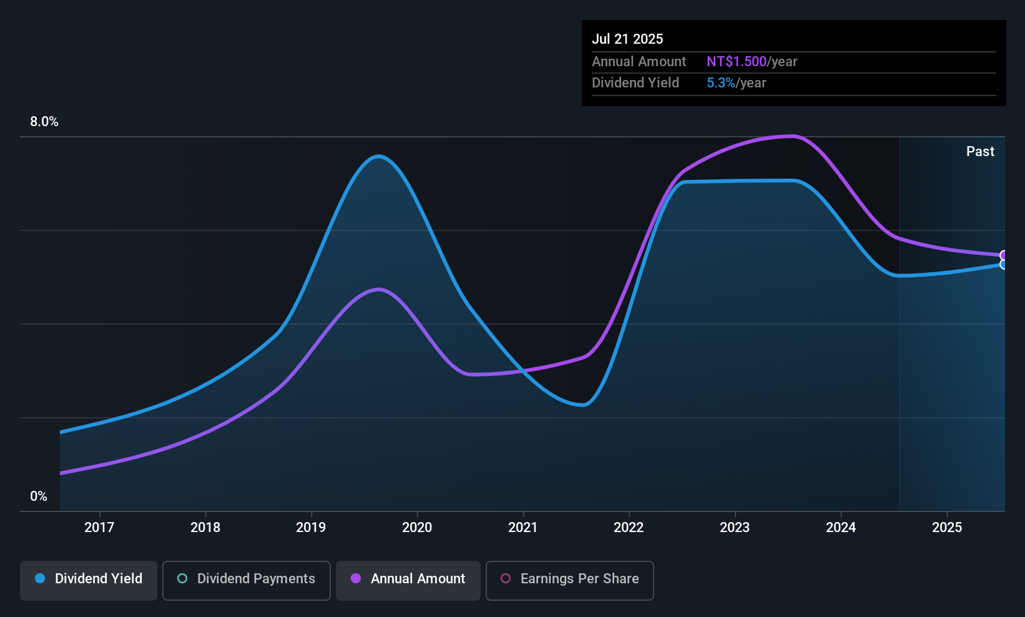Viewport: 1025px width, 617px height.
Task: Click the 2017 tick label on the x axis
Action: (99, 527)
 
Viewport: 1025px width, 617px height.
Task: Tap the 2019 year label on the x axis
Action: (311, 527)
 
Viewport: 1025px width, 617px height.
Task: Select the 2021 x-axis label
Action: (522, 527)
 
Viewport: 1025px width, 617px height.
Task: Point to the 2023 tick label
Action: (735, 527)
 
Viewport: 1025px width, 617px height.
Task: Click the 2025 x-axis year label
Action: (947, 527)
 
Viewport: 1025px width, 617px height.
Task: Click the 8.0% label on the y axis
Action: (44, 122)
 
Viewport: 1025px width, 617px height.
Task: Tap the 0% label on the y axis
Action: (39, 496)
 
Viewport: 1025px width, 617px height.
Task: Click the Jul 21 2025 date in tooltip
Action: (627, 39)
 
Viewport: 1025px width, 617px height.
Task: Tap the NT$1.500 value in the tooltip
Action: (737, 61)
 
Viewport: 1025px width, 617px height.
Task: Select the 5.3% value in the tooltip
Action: (721, 82)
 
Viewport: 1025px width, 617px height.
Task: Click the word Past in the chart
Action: (980, 151)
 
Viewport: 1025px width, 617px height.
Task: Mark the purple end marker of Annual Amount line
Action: (1004, 255)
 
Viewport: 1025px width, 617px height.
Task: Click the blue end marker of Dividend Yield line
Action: (1004, 264)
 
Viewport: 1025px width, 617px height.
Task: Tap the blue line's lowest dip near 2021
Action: (582, 405)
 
